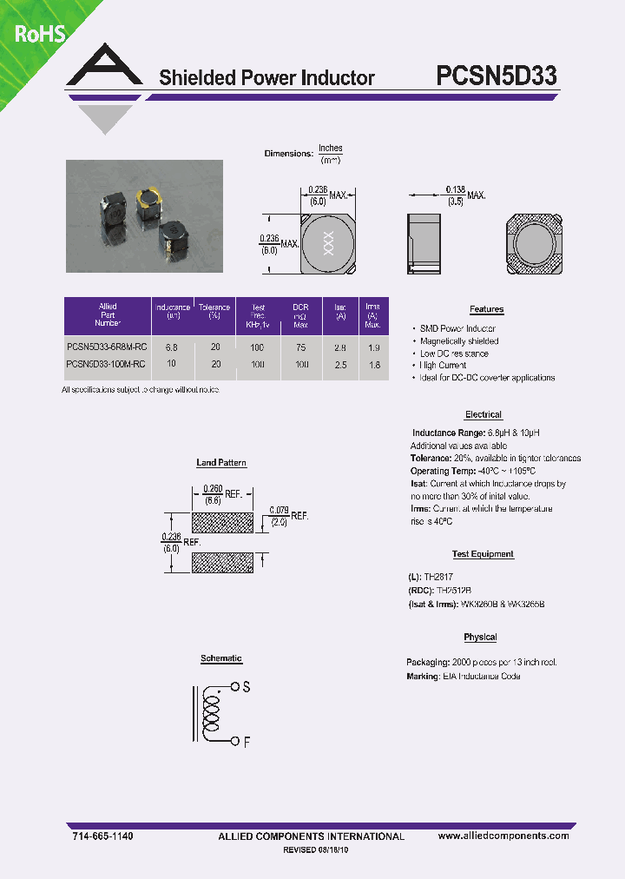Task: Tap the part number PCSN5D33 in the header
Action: pyautogui.click(x=496, y=76)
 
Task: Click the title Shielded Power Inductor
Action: pyautogui.click(x=266, y=77)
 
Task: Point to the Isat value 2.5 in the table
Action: pyautogui.click(x=340, y=365)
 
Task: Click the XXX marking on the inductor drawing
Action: pyautogui.click(x=327, y=242)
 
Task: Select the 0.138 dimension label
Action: pyautogui.click(x=456, y=189)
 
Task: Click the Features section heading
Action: pyautogui.click(x=486, y=309)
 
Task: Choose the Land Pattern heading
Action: pyautogui.click(x=221, y=463)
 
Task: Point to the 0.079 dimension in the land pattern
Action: pyautogui.click(x=279, y=510)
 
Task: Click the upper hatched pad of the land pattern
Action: pyautogui.click(x=221, y=522)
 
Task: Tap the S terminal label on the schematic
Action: pyautogui.click(x=247, y=687)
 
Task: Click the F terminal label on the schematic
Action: pyautogui.click(x=247, y=742)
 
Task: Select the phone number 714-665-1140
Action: pyautogui.click(x=102, y=836)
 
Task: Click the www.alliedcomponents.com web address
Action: pyautogui.click(x=503, y=836)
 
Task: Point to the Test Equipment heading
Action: pyautogui.click(x=483, y=554)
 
